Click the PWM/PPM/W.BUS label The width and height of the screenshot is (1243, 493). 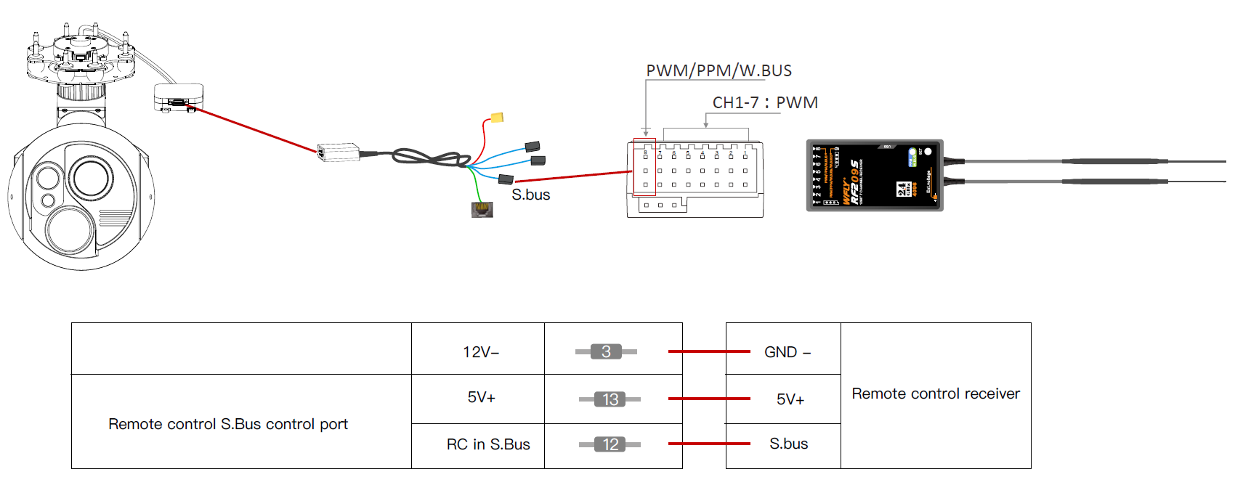click(x=718, y=70)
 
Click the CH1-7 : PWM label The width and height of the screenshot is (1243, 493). click(x=764, y=102)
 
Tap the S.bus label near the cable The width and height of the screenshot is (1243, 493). click(x=530, y=195)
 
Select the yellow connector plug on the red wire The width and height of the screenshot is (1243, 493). click(x=497, y=118)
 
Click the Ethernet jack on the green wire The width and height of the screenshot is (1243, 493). click(x=482, y=210)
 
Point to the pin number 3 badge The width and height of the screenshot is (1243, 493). click(x=606, y=351)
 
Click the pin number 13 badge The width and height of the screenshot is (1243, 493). click(x=610, y=399)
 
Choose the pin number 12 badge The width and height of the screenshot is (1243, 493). click(x=610, y=444)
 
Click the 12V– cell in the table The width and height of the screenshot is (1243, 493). click(x=481, y=352)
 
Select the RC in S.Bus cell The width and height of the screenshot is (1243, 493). click(x=488, y=444)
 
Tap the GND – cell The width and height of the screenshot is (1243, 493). click(x=787, y=352)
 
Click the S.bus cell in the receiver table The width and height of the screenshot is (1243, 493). click(x=788, y=444)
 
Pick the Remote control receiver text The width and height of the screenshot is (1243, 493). click(x=936, y=394)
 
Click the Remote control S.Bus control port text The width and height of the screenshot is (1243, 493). click(x=228, y=424)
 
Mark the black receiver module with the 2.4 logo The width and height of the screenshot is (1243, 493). click(x=875, y=176)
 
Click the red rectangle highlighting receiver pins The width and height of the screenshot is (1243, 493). click(x=644, y=167)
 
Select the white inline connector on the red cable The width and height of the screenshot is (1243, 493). click(x=339, y=152)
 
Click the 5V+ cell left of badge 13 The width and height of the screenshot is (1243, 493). click(x=481, y=398)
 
